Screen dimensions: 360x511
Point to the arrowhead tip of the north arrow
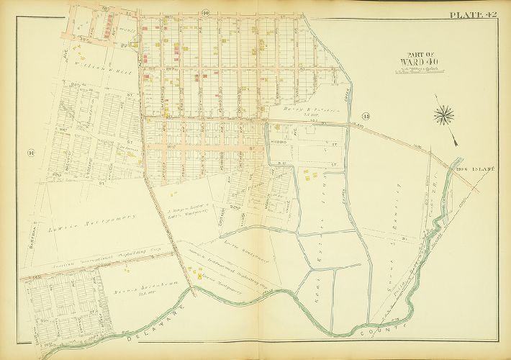[x=456, y=140]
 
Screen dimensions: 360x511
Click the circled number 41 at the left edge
[x=30, y=153]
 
